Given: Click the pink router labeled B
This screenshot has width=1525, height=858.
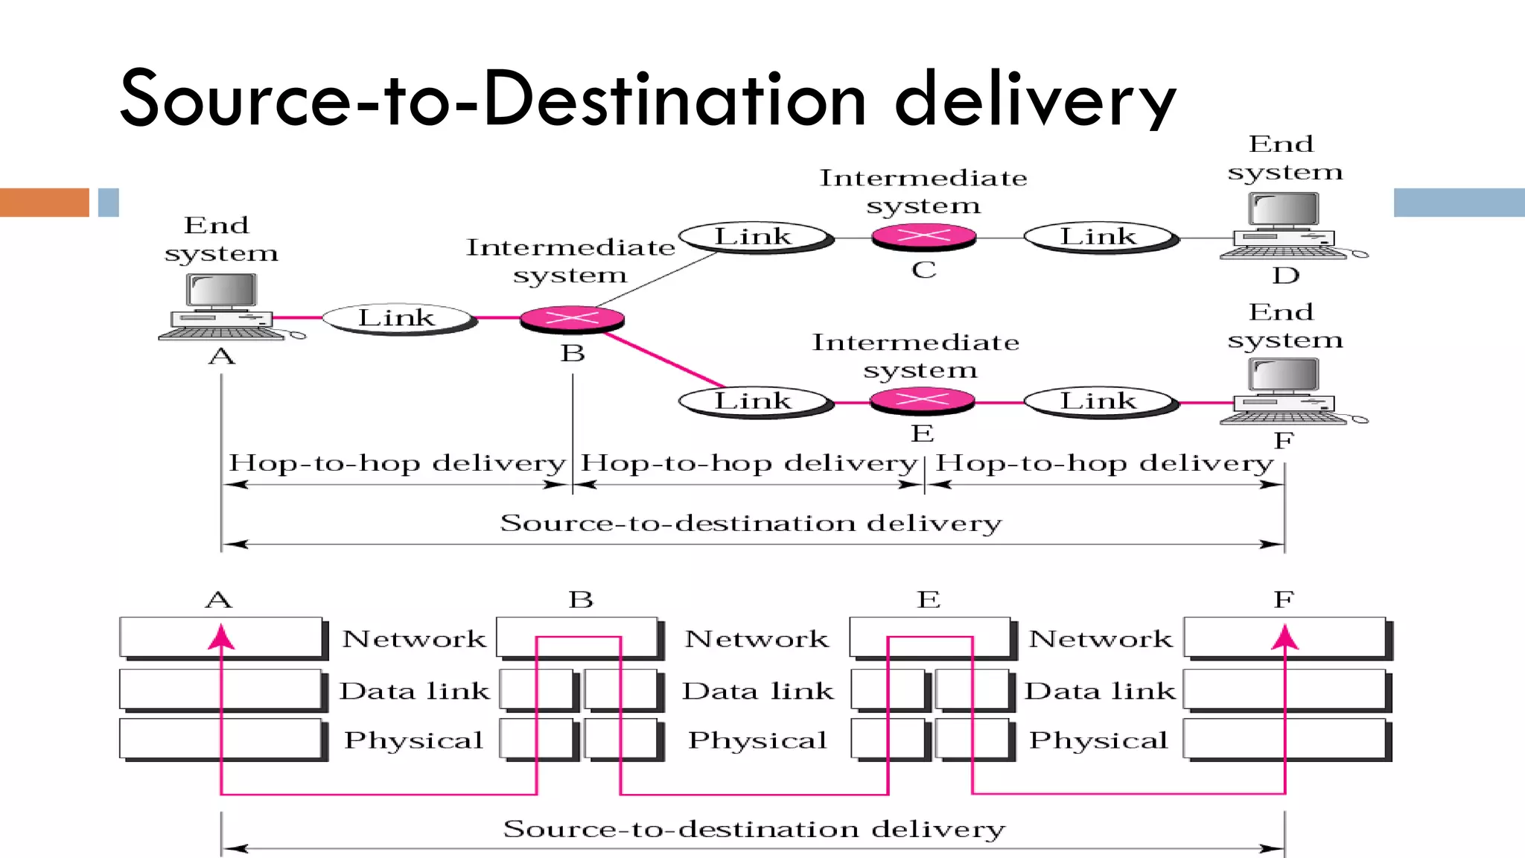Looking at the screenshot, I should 572,319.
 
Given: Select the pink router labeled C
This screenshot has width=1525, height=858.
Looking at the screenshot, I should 923,237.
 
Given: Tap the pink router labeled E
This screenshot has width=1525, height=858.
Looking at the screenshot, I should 922,401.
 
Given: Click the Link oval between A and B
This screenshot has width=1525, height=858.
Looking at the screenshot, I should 398,318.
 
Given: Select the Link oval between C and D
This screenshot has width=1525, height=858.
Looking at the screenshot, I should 1099,237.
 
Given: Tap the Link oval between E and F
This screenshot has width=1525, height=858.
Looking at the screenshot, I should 1099,401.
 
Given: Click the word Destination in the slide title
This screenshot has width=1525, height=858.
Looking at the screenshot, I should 674,99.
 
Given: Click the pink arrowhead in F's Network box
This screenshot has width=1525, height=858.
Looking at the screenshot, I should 1284,638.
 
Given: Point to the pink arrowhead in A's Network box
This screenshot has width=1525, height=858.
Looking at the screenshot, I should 221,638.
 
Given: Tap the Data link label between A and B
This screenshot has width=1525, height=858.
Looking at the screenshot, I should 414,691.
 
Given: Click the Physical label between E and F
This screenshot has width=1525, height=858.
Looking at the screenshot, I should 1098,740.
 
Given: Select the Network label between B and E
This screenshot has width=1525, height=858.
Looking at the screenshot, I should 756,639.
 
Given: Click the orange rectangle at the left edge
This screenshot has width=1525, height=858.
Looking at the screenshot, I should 44,202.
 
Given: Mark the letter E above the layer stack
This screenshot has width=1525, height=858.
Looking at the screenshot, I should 928,600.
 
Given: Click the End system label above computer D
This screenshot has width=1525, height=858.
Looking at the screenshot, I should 1284,158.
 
